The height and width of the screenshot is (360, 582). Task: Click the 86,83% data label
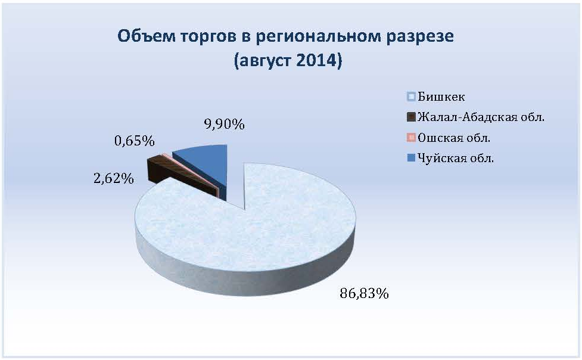point(364,293)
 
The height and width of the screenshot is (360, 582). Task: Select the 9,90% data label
point(224,125)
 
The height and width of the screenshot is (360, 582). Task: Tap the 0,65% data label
point(135,141)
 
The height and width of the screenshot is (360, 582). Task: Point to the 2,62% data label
point(114,179)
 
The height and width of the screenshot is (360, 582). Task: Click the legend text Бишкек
point(441,97)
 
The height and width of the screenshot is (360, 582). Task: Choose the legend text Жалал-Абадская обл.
point(481,117)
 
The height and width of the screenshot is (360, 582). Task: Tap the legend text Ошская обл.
point(454,138)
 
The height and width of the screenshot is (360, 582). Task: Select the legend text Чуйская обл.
point(456,159)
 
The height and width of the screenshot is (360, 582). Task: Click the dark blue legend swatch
point(411,158)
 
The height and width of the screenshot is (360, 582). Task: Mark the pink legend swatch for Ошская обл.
point(411,138)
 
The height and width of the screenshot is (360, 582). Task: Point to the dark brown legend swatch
point(411,117)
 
